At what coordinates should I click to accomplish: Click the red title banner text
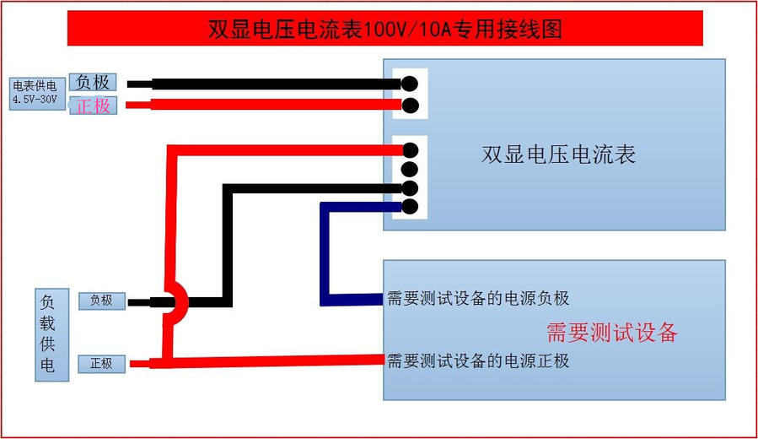point(384,29)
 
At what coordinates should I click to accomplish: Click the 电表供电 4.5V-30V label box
point(35,93)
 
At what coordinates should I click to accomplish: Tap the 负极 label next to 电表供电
point(92,83)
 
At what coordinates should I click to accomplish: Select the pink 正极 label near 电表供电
point(93,106)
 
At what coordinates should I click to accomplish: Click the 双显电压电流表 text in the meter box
point(558,154)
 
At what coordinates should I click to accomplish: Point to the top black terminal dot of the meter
point(410,84)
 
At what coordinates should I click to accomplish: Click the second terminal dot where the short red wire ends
point(410,105)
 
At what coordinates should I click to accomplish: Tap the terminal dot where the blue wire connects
point(410,206)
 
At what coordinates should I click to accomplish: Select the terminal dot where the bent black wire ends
point(410,187)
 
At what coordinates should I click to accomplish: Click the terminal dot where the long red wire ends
point(410,150)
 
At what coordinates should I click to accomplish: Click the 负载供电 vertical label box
point(48,335)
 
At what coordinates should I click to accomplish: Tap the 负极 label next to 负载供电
point(101,301)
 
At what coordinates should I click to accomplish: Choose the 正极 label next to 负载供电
point(101,364)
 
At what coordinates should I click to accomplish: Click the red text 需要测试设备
point(611,332)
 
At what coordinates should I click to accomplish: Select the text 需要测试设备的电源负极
point(477,299)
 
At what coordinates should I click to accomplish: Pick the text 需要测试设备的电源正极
point(477,361)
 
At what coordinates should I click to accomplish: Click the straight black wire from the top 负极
point(270,84)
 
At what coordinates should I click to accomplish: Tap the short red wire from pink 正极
point(270,105)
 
